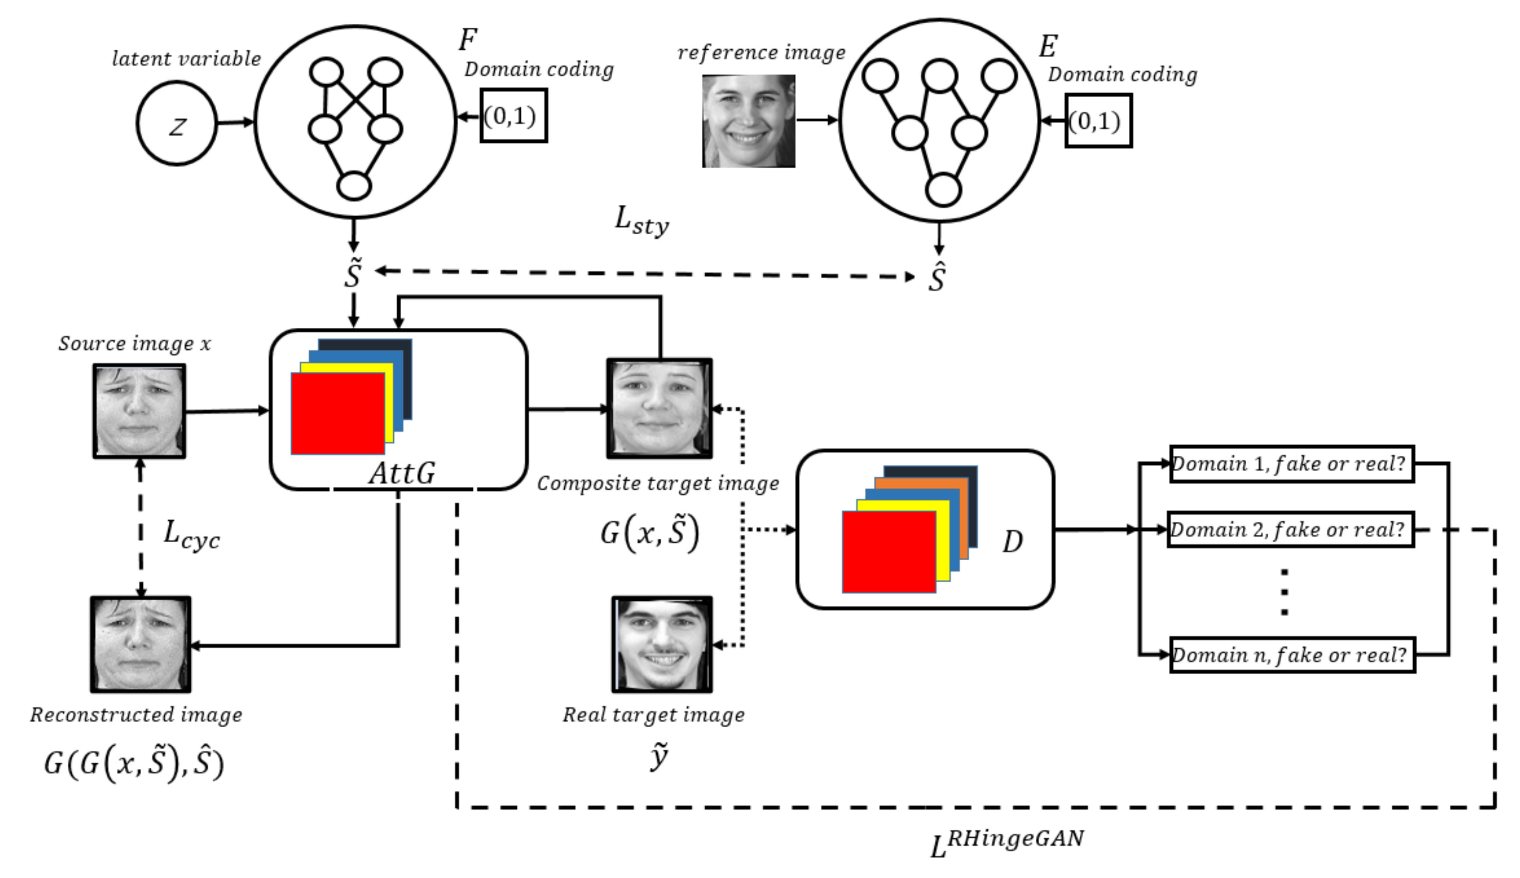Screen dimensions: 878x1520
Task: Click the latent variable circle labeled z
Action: [176, 123]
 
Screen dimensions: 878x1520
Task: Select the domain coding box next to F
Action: [514, 116]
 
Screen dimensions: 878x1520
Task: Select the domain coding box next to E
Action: [1098, 120]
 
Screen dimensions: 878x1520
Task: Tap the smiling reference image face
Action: [748, 120]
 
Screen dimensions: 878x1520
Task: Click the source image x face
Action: [139, 411]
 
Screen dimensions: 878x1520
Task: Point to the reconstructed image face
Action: [141, 644]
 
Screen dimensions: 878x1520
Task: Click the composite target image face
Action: [660, 409]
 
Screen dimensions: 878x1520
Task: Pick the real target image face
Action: [662, 644]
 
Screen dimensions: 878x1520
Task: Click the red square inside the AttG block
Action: [337, 414]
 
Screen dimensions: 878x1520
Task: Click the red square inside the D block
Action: [889, 552]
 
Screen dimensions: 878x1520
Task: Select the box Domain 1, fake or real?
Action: [1291, 464]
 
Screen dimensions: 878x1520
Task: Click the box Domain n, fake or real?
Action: [1291, 654]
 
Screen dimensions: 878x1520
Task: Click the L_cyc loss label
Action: [191, 535]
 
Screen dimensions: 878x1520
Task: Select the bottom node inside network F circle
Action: [354, 186]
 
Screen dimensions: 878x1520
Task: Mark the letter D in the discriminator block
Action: [1012, 541]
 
